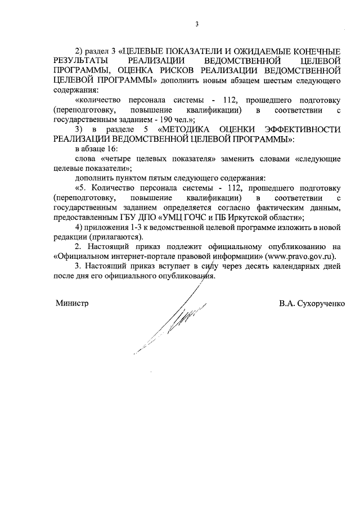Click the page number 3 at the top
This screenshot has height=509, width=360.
coord(197,24)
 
